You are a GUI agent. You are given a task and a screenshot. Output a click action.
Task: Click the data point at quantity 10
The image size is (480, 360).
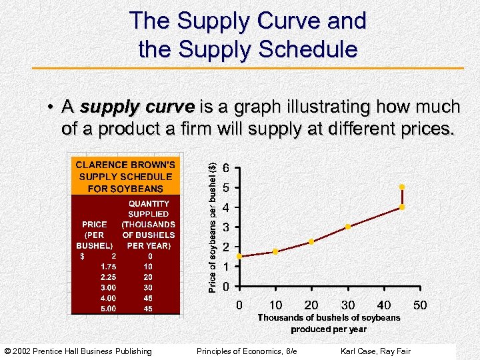click(x=275, y=251)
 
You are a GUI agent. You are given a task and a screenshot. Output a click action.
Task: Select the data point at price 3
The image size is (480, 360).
click(x=348, y=227)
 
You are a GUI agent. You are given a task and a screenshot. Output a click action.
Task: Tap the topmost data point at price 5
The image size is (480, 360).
click(x=402, y=187)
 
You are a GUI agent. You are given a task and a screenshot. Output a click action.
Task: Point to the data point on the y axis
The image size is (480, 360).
click(x=239, y=256)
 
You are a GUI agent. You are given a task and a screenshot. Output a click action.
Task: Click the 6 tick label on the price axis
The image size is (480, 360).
click(x=228, y=168)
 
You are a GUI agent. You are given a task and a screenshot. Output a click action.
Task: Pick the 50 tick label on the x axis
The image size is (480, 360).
click(x=420, y=305)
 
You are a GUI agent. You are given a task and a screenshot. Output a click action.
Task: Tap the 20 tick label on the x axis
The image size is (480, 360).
click(x=311, y=305)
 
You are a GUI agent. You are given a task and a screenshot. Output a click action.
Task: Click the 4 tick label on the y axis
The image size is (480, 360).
click(x=228, y=207)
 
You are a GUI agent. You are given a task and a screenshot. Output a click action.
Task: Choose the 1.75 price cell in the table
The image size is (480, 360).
click(x=108, y=266)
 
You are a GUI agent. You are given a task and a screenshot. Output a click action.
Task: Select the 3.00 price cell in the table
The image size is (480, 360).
click(x=108, y=287)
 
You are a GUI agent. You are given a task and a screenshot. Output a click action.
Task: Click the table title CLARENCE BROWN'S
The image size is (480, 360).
click(x=125, y=165)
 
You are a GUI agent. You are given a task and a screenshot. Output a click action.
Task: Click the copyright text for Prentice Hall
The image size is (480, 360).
click(x=78, y=351)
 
